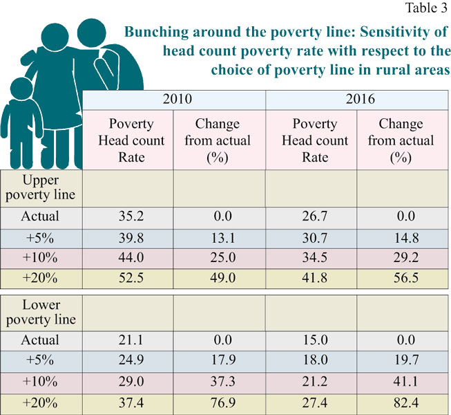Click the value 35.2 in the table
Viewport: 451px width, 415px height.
click(127, 216)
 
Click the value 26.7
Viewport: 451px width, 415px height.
click(311, 216)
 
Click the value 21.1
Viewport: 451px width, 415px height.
click(127, 340)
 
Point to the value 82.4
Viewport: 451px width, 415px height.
click(401, 402)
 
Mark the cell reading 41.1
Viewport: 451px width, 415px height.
click(401, 381)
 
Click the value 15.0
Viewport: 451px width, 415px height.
click(311, 340)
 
